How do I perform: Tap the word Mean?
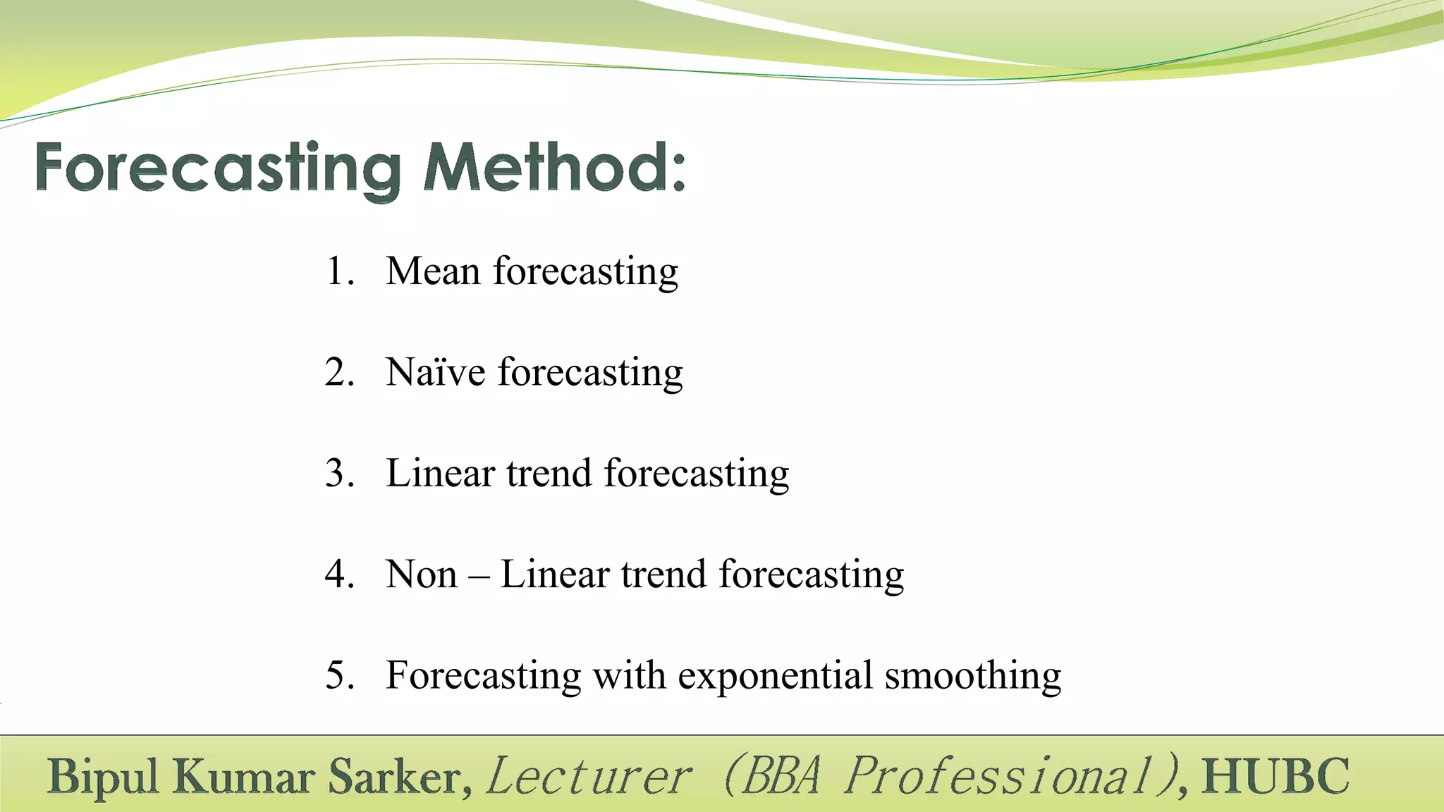click(433, 271)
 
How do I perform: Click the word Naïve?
click(436, 372)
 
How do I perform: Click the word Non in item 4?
click(422, 574)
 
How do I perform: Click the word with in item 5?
click(629, 675)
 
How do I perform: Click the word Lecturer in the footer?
click(589, 777)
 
